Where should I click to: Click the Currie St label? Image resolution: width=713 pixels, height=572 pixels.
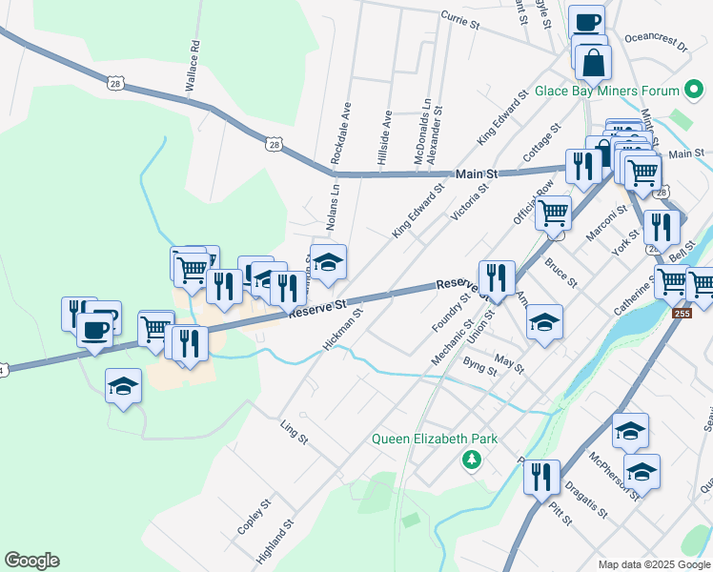[x=459, y=21]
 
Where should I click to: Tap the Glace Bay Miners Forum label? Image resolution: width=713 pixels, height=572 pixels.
[x=604, y=92]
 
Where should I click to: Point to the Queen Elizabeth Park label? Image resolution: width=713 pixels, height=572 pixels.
[x=434, y=439]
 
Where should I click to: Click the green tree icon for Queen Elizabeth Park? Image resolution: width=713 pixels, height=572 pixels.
[x=470, y=460]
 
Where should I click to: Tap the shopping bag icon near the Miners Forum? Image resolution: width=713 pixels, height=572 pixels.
[x=593, y=63]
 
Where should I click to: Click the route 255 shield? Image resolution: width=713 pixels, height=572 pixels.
[x=681, y=313]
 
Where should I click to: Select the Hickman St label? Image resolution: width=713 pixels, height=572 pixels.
[x=344, y=327]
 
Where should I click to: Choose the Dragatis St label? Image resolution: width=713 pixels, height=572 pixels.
[x=586, y=498]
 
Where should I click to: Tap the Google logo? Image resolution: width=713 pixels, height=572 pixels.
[x=31, y=561]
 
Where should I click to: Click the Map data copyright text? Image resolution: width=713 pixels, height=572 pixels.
[x=654, y=564]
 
